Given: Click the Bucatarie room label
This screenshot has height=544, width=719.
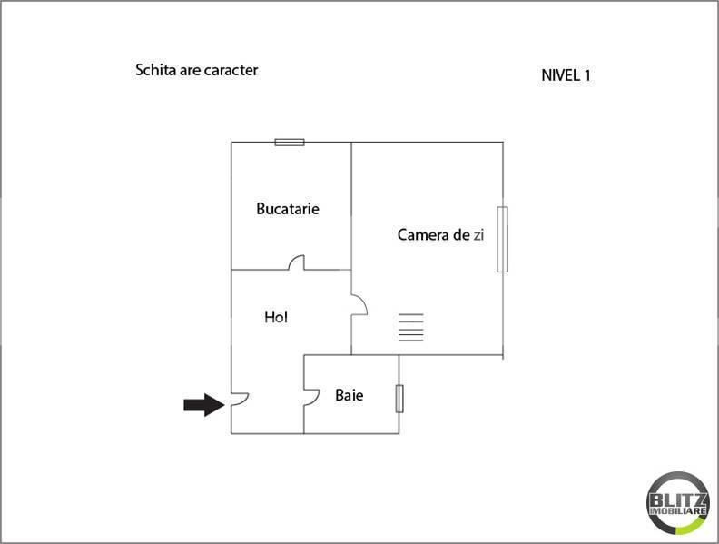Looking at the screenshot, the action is tap(288, 209).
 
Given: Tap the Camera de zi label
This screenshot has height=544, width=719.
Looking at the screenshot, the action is tap(440, 235).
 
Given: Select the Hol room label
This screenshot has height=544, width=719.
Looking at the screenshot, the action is tap(276, 317).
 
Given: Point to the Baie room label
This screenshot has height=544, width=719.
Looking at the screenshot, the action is tap(350, 395).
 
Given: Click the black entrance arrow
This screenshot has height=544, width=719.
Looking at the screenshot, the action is tap(203, 404).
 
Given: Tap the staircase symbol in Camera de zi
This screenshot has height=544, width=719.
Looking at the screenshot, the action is tap(411, 327).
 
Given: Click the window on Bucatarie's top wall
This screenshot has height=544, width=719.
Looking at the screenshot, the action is tap(290, 142).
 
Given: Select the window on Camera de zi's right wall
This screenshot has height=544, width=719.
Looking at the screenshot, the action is tap(502, 239).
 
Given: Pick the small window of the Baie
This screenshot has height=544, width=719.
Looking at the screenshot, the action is tap(399, 399).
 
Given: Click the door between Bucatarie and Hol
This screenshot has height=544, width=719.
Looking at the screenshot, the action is tap(296, 263).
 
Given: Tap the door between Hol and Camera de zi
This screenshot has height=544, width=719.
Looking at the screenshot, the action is tap(359, 306).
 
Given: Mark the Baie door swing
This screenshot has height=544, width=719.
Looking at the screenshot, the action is tap(311, 396).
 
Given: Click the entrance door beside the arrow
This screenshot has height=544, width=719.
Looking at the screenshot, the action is tap(238, 398).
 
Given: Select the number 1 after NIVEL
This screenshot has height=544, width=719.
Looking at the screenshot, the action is tap(587, 75).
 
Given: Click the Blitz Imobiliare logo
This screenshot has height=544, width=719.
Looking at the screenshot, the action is tap(677, 502).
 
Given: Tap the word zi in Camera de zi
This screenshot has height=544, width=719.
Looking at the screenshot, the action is tap(478, 235).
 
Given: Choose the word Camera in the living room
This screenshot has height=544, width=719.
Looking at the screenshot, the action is tap(422, 235).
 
